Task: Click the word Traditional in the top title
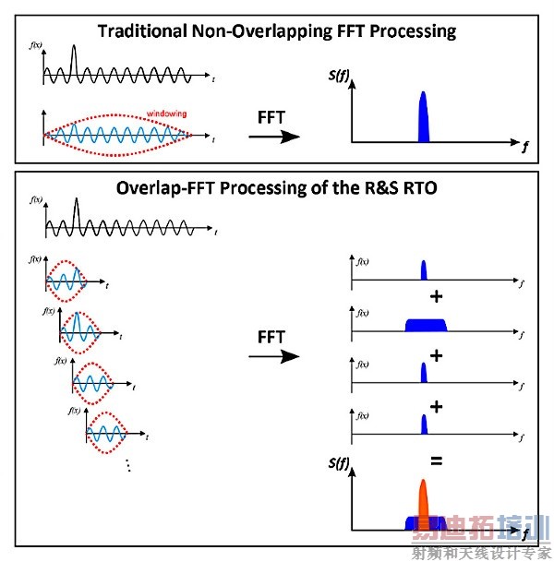click(x=144, y=31)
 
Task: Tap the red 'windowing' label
click(x=168, y=114)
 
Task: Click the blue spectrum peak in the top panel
click(x=424, y=118)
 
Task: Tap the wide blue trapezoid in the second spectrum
click(x=425, y=324)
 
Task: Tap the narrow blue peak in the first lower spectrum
click(x=424, y=270)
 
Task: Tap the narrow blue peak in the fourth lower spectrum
click(x=424, y=424)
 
